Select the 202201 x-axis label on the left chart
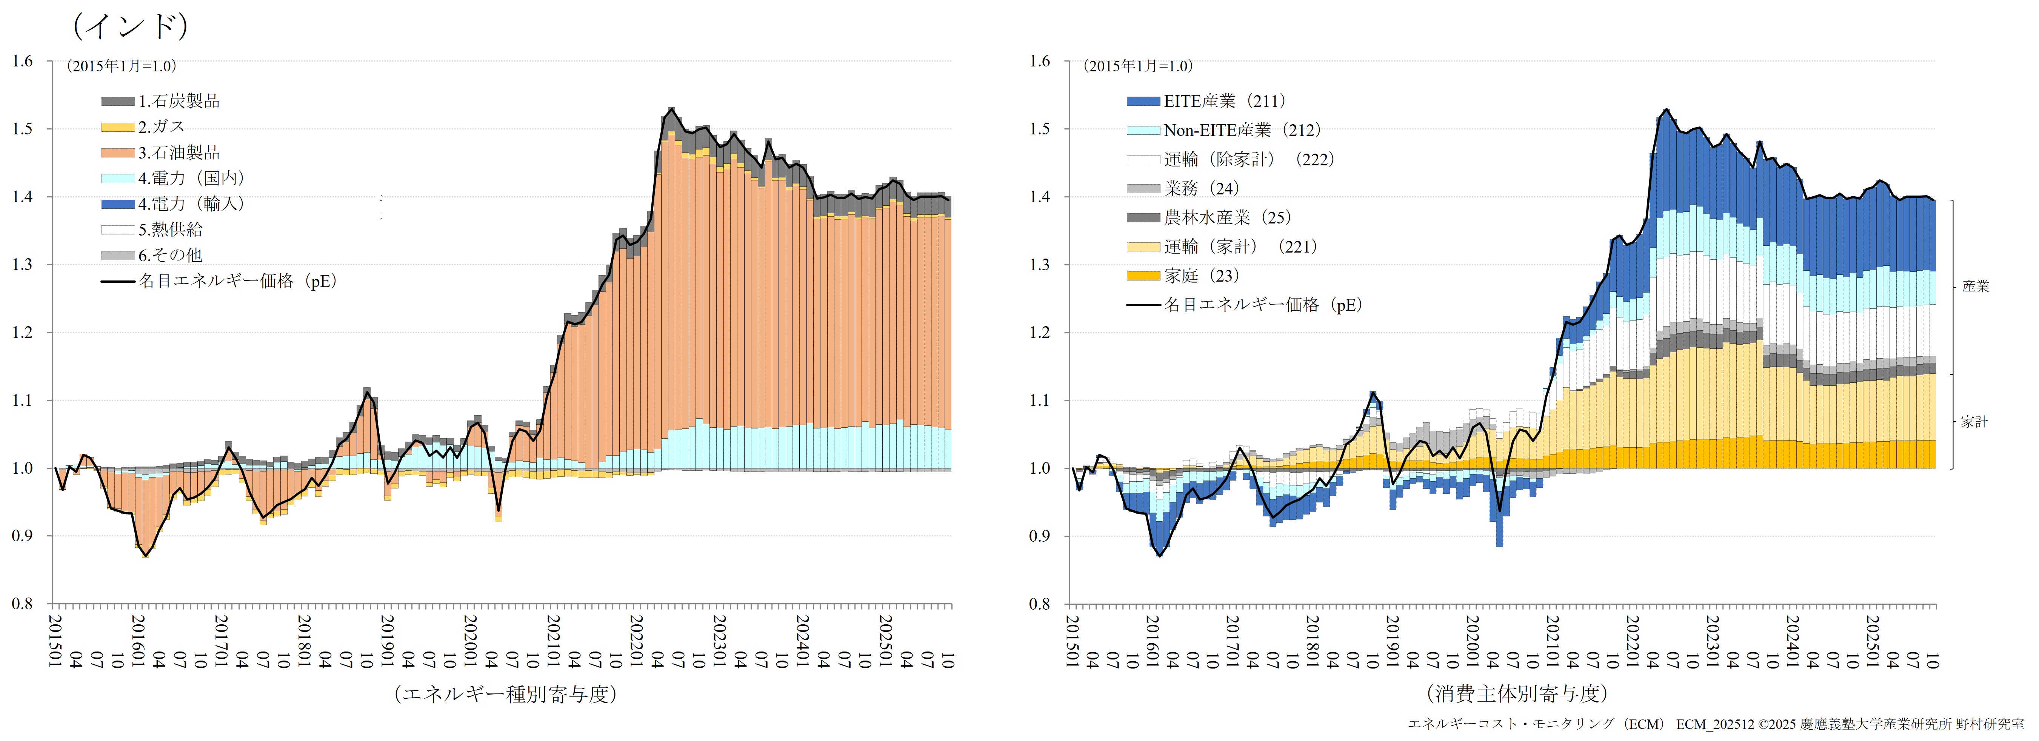click(636, 641)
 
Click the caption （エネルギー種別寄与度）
click(505, 694)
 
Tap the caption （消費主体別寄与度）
click(1517, 694)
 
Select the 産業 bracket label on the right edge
click(1976, 287)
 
